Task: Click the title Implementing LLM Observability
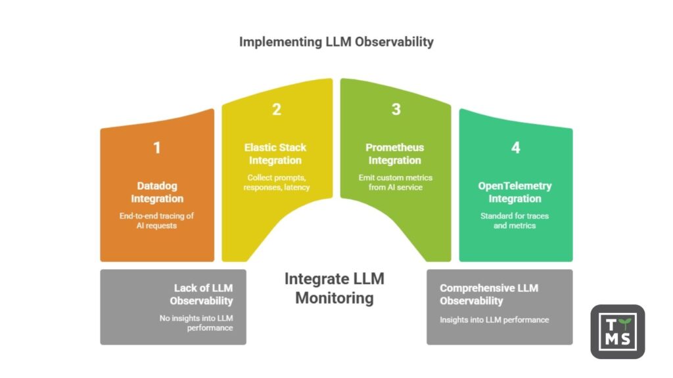336,42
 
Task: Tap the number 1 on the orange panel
156,148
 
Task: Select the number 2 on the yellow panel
276,110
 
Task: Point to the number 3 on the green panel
396,110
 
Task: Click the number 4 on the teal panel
515,148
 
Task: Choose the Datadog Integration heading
156,192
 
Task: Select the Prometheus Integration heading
394,154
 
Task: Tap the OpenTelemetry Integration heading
515,192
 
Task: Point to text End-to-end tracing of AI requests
156,220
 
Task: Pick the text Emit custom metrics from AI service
395,182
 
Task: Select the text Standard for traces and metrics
515,220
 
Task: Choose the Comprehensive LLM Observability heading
488,294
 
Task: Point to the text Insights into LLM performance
494,320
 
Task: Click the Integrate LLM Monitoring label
334,288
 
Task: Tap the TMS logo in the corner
617,331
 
